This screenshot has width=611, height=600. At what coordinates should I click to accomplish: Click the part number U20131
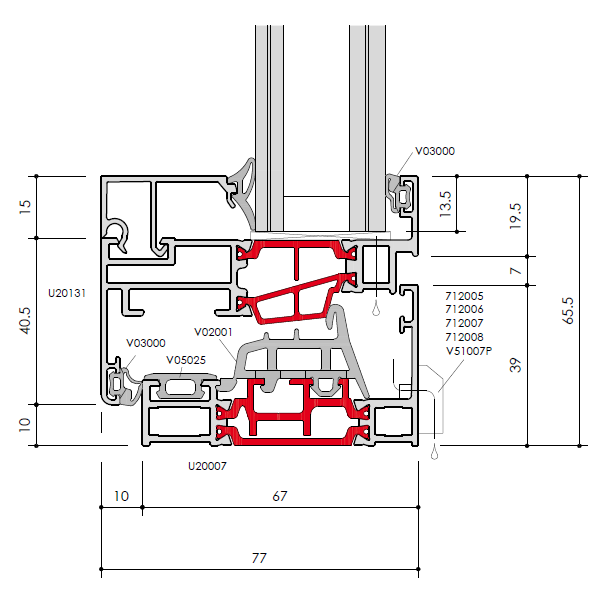(67, 293)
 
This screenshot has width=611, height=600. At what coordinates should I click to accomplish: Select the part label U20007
(207, 466)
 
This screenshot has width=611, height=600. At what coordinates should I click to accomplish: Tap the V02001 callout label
(213, 332)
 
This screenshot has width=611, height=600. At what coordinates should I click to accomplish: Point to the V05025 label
(186, 360)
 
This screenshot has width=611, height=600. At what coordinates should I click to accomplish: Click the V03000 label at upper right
(435, 151)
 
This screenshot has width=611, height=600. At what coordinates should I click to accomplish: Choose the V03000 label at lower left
(146, 343)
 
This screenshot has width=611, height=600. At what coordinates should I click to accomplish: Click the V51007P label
(469, 351)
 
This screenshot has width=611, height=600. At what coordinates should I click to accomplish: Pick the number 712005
(464, 296)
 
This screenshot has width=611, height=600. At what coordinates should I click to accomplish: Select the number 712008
(464, 337)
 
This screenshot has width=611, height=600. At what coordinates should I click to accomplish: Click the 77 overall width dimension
(259, 558)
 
